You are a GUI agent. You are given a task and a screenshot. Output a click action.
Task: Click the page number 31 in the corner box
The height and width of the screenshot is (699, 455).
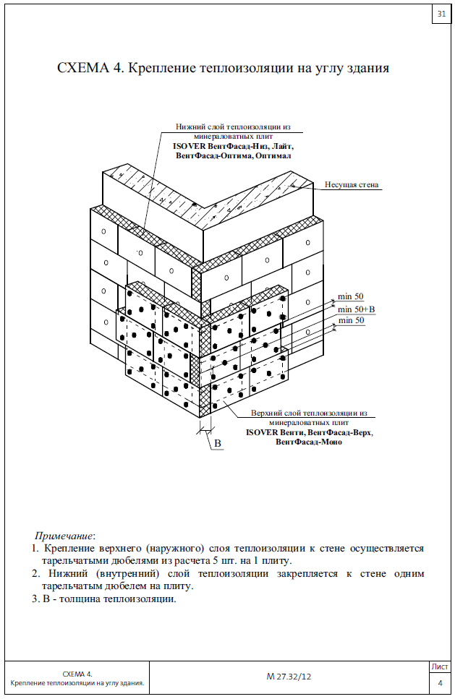(x=441, y=14)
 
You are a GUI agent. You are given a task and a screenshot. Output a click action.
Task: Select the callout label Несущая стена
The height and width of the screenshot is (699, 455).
(x=352, y=185)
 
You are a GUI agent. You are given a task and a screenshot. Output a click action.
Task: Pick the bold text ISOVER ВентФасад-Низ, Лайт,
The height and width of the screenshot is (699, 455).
(x=234, y=147)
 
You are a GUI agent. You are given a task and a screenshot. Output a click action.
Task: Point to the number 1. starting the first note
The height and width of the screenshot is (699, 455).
(x=35, y=549)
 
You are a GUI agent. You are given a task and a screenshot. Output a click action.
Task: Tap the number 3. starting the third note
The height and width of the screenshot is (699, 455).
(x=35, y=599)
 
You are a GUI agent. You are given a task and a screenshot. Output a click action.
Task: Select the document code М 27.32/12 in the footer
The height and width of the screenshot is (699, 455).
(x=288, y=677)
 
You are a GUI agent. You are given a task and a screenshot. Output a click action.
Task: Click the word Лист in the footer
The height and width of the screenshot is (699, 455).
(x=439, y=666)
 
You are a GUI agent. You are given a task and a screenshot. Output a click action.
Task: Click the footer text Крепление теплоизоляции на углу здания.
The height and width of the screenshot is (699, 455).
(x=77, y=683)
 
